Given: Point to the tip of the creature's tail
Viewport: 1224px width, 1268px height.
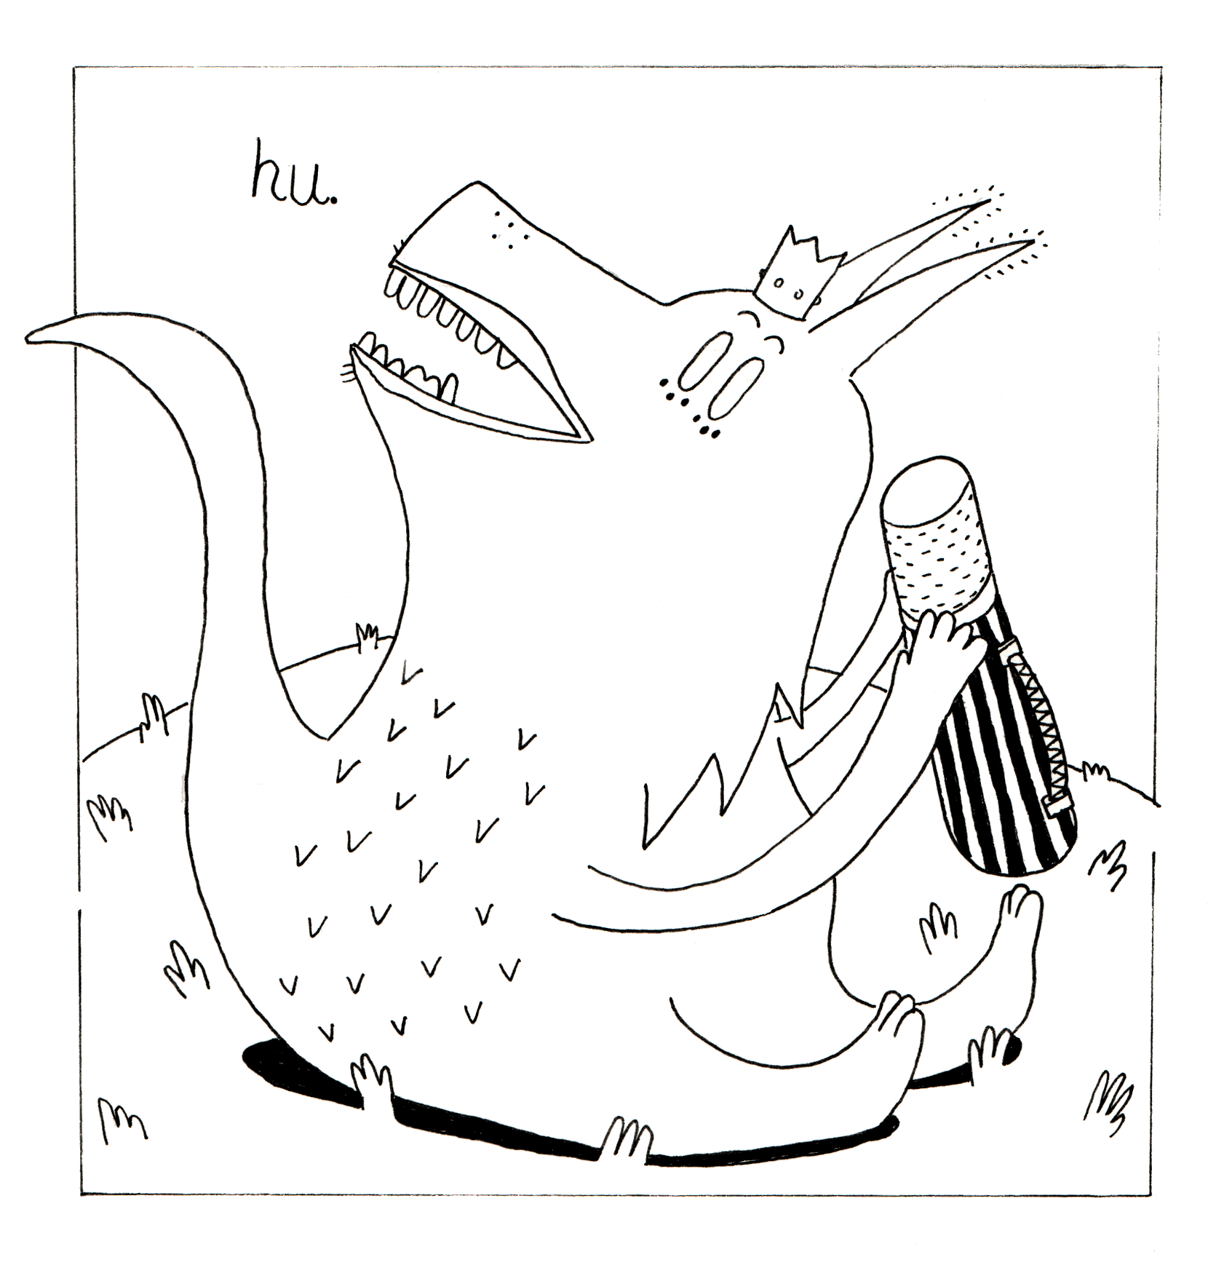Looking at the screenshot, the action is pos(29,337).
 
